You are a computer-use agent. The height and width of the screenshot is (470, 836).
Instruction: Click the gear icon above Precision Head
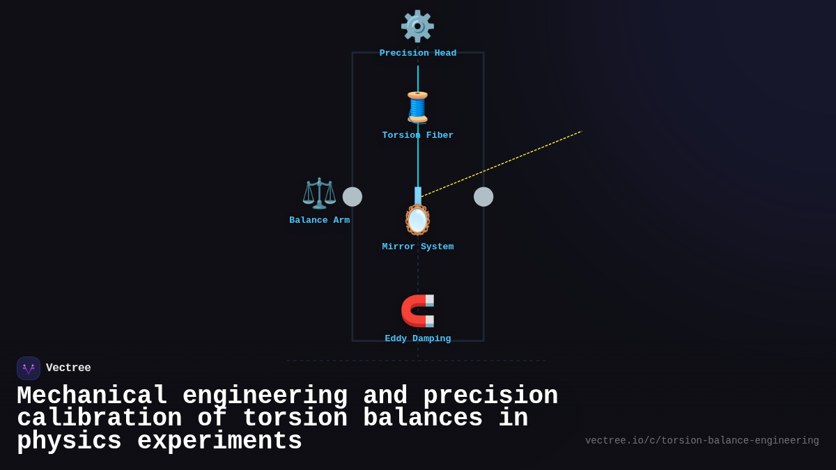[x=417, y=26]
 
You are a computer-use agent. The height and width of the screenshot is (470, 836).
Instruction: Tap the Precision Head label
[x=418, y=54]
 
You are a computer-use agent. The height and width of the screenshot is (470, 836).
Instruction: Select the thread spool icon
[x=417, y=107]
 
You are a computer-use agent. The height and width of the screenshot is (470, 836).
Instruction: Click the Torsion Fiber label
[x=418, y=136]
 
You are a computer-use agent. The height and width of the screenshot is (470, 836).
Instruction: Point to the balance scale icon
[x=319, y=193]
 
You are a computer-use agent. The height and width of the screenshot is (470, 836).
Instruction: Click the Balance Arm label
[x=320, y=221]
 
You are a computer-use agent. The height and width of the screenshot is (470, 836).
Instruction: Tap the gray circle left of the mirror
[x=353, y=197]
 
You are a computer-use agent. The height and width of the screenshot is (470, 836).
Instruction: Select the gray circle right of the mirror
[x=483, y=197]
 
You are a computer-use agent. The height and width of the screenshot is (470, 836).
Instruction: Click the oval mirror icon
[x=417, y=220]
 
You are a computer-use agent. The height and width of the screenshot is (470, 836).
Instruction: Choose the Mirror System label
[x=418, y=247]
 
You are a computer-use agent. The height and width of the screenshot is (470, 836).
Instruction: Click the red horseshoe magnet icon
[x=417, y=311]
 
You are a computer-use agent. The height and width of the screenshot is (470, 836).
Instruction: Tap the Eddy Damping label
[x=418, y=339]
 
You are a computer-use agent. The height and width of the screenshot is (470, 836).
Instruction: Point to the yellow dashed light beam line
[x=502, y=164]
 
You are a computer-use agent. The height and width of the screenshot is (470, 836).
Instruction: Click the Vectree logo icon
[x=29, y=368]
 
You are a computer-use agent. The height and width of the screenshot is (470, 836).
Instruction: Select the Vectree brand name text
[x=68, y=368]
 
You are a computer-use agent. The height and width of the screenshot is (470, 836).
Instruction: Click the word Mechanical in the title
[x=92, y=396]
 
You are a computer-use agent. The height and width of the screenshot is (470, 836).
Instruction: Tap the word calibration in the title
[x=99, y=418]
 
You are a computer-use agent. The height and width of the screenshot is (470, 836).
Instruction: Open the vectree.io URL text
[x=702, y=441]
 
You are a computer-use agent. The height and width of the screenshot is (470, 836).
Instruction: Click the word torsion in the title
[x=295, y=418]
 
